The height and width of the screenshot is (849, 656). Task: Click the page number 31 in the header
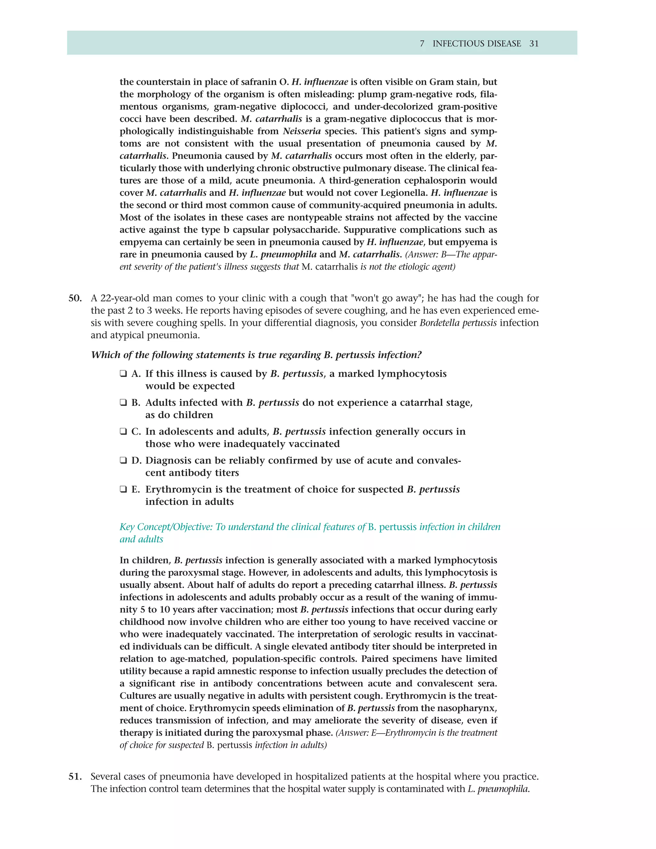(534, 44)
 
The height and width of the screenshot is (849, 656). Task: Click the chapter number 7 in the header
(422, 44)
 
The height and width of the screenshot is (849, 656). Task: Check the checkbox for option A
(123, 374)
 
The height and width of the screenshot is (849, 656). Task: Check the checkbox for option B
(123, 402)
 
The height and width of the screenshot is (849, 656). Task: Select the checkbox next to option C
(123, 432)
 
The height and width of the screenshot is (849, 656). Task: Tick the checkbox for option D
(123, 460)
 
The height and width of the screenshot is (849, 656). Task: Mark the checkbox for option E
(123, 490)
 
